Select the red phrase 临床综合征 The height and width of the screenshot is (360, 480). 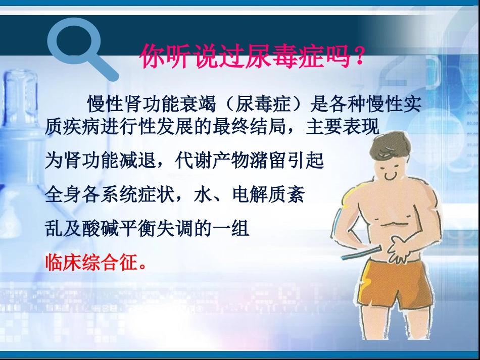click(x=91, y=262)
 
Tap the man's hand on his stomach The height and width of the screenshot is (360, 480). click(x=400, y=250)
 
